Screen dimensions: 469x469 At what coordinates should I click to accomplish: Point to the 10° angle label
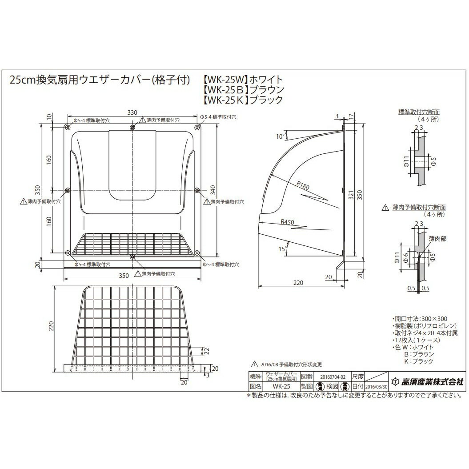click(x=280, y=137)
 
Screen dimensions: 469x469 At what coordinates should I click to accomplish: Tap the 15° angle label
click(x=281, y=249)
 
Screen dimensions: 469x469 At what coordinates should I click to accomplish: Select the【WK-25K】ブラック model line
click(x=243, y=100)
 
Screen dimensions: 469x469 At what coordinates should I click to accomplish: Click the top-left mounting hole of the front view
click(x=68, y=128)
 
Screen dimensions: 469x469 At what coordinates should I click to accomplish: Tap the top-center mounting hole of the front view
click(x=132, y=128)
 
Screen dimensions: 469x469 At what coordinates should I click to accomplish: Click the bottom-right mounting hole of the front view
click(x=196, y=253)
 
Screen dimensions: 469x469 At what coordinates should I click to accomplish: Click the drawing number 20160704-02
click(x=333, y=376)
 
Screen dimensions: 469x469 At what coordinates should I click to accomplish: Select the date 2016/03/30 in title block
click(x=376, y=387)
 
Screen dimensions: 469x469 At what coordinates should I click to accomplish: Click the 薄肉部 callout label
click(x=437, y=239)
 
